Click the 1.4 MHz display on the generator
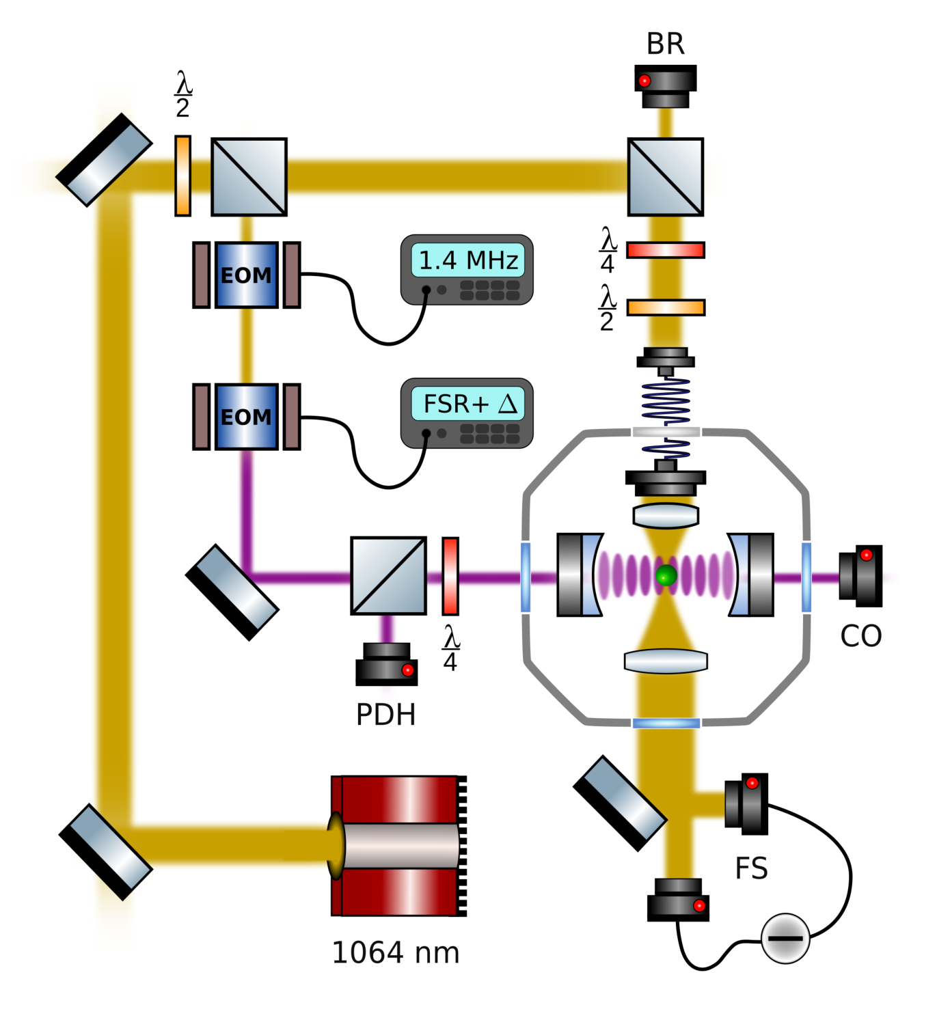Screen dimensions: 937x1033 click(467, 260)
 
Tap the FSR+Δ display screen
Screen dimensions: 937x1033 click(467, 404)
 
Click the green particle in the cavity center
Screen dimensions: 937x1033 click(666, 575)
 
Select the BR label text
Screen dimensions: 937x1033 click(665, 44)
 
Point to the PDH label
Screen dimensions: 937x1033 click(386, 715)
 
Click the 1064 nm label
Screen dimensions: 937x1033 click(396, 952)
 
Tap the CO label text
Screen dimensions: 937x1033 click(860, 636)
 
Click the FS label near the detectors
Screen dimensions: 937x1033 click(752, 868)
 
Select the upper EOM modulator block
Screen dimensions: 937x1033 click(247, 275)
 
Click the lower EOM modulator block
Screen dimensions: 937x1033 click(247, 417)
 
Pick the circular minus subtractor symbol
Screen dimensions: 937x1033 click(785, 938)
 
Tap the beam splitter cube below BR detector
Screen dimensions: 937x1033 click(665, 177)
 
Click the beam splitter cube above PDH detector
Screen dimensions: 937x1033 click(388, 576)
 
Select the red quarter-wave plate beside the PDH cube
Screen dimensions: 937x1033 click(450, 576)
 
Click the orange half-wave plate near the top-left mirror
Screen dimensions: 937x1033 click(183, 176)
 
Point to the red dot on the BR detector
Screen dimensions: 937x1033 click(644, 81)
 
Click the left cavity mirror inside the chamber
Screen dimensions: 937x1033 click(580, 575)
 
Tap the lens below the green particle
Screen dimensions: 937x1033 click(666, 661)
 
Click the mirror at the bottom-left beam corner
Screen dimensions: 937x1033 click(106, 852)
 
